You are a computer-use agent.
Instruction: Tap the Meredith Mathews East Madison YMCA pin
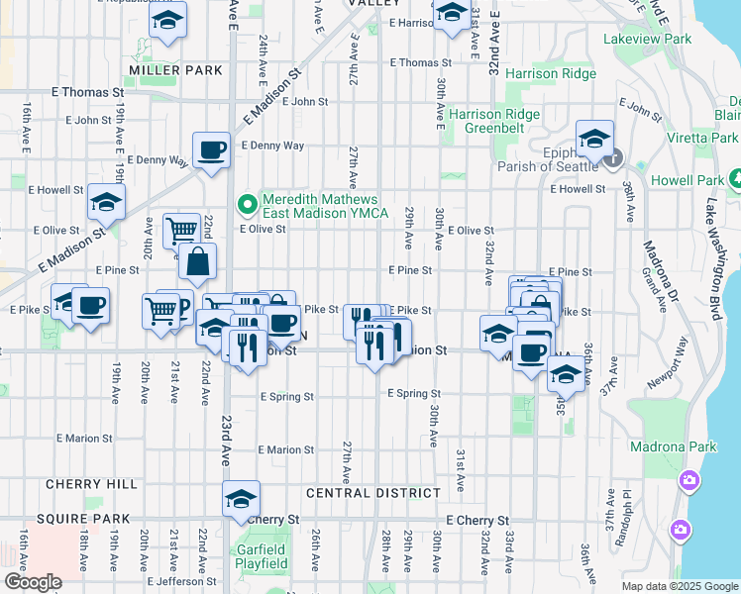248,205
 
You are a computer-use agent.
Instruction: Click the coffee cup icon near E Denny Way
210,150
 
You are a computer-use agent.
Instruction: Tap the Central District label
372,493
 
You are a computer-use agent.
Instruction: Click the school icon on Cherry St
240,500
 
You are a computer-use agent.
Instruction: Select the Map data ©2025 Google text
680,585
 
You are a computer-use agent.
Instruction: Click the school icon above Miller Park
168,20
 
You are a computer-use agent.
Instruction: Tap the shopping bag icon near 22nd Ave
197,261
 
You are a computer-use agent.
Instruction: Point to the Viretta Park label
702,138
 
